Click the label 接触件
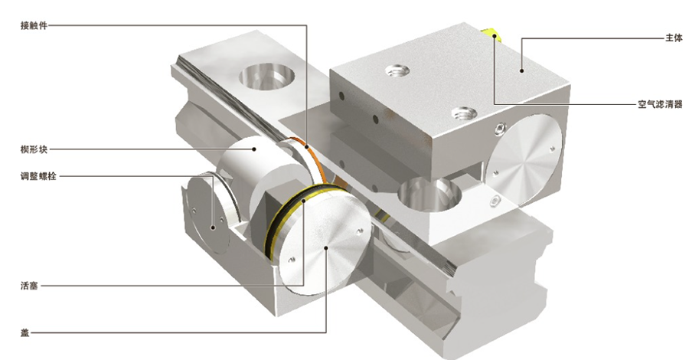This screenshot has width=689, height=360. [34, 25]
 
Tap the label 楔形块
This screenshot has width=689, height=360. [34, 149]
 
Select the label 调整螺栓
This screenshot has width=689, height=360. [38, 177]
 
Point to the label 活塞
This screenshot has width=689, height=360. [29, 286]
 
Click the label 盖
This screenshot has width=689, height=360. [25, 332]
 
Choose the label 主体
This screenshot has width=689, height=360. [674, 38]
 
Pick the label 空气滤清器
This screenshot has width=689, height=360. [660, 105]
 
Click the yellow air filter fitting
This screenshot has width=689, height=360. [491, 34]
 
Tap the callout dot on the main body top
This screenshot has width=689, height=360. [521, 70]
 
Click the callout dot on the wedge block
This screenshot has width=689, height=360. [254, 149]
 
